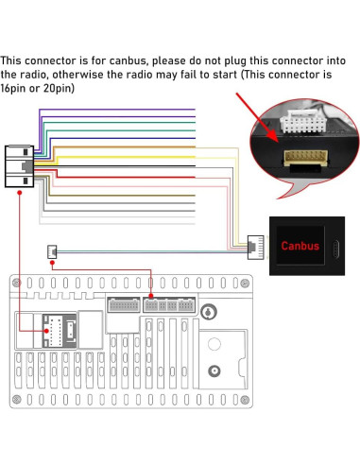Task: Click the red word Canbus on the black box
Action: click(x=300, y=245)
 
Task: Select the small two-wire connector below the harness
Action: click(x=51, y=251)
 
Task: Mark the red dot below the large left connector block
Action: click(x=19, y=192)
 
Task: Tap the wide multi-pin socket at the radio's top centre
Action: click(x=122, y=305)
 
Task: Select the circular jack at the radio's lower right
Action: click(x=215, y=371)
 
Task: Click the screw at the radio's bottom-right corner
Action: click(x=246, y=405)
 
